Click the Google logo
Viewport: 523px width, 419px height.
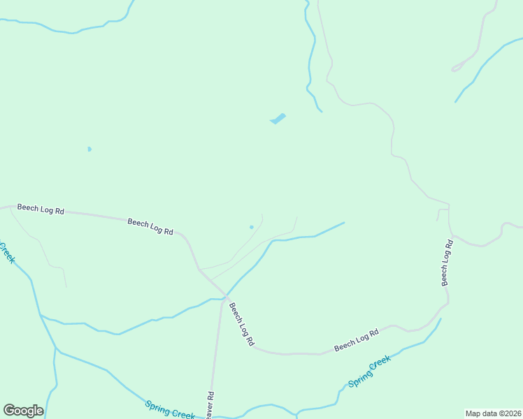point(24,411)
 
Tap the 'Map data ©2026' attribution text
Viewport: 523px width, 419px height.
point(493,413)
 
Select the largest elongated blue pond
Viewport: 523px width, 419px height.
point(278,119)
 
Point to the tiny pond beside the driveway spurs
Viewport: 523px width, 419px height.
point(252,226)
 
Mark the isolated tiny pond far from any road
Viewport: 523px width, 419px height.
point(89,149)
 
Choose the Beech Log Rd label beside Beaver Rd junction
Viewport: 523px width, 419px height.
point(241,325)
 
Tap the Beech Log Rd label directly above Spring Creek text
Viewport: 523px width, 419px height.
point(356,340)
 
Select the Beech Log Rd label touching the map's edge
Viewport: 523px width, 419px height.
point(41,209)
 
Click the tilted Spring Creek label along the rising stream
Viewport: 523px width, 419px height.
point(368,372)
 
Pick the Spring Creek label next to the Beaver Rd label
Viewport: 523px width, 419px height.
point(170,410)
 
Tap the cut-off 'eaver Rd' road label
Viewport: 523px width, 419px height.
point(210,405)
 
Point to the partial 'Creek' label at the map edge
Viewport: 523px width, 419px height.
point(7,252)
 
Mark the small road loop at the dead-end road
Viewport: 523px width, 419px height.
point(457,68)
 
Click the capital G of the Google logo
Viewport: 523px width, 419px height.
point(10,411)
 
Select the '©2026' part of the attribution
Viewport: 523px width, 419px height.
point(510,413)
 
